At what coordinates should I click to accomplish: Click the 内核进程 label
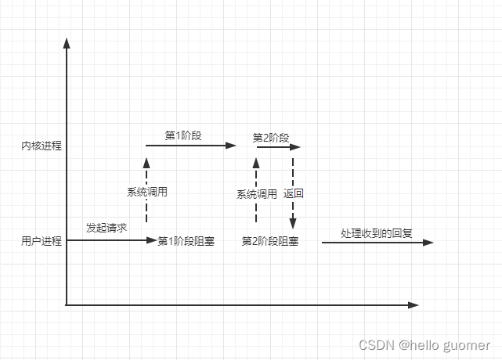point(42,146)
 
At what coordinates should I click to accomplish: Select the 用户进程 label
point(42,241)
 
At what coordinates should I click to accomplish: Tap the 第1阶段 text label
point(183,135)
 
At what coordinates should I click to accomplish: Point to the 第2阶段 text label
point(271,138)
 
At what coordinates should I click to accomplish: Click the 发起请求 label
point(107,228)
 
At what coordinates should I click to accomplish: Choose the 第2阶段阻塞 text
point(270,241)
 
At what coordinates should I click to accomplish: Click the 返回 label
point(294,194)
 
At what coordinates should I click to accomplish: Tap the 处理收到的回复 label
point(377,233)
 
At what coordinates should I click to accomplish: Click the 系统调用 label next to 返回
point(257,194)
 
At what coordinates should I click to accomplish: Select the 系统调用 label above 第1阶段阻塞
point(147,191)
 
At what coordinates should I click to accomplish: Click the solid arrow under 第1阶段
point(191,146)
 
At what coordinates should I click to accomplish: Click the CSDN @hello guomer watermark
point(424,345)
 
